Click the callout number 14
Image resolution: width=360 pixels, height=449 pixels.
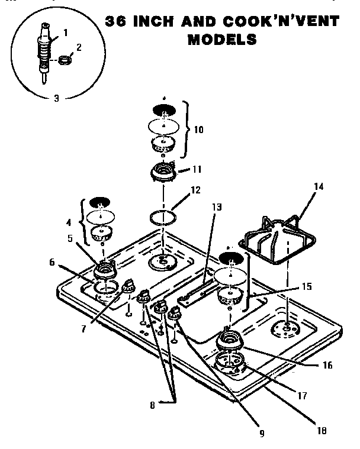pos(319,186)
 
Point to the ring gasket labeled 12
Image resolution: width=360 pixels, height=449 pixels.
pos(163,216)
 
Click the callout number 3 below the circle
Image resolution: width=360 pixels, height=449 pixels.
pos(56,98)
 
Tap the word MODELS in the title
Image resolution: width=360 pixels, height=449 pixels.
pos(222,40)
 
